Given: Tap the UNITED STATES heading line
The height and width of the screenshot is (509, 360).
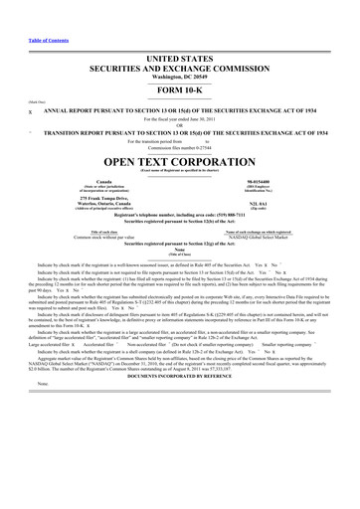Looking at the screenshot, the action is [x=179, y=32].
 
